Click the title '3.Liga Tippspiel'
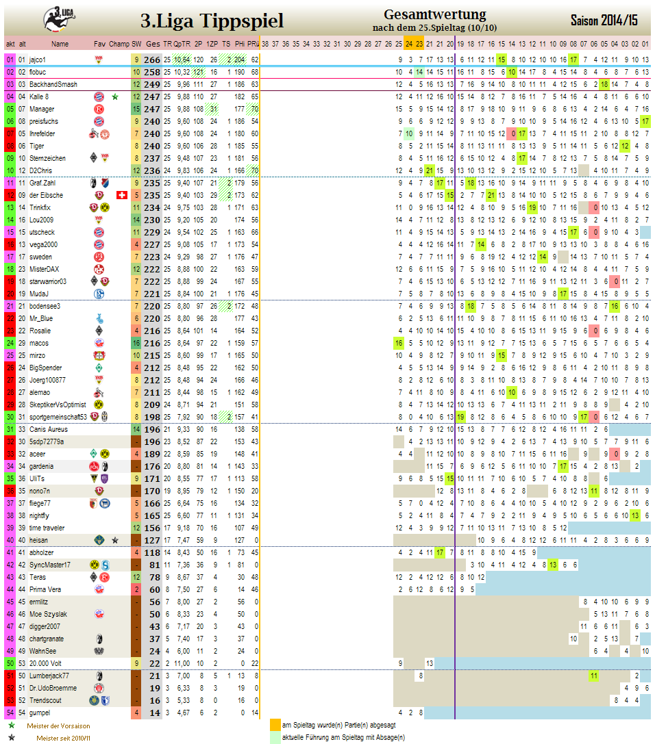[x=212, y=21]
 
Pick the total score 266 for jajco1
[x=152, y=60]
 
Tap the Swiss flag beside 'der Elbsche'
[x=122, y=195]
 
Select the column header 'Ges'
[x=153, y=44]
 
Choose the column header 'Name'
[x=60, y=44]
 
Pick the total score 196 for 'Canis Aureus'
[x=152, y=429]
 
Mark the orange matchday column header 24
[x=409, y=44]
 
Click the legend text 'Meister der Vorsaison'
[x=58, y=726]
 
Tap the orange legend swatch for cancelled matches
[x=275, y=725]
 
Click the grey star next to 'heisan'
[x=116, y=540]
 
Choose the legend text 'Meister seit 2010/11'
[x=64, y=739]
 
